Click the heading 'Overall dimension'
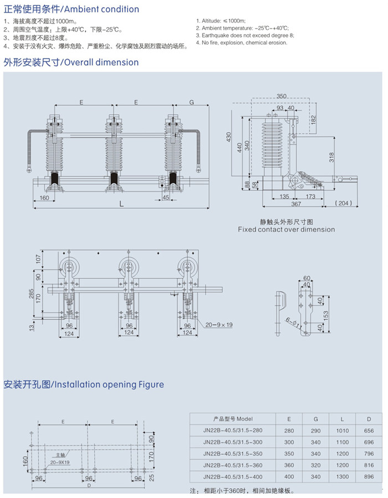pos(102,63)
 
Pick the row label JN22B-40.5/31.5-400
pos(233,477)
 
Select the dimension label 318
pos(331,158)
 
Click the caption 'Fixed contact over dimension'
pos(286,229)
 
